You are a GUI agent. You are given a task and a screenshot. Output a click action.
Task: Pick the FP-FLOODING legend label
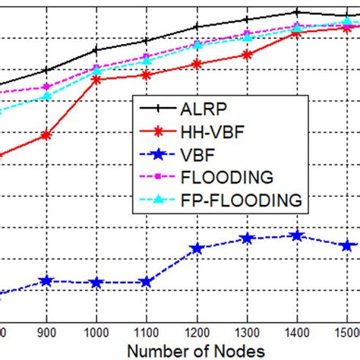point(244,200)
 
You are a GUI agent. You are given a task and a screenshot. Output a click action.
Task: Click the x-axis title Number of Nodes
point(197,350)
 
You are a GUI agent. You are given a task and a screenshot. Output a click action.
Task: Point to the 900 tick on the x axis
point(46,332)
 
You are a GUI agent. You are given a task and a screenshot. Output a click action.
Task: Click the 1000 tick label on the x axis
point(96,332)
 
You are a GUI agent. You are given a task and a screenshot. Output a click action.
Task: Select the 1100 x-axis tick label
point(146,332)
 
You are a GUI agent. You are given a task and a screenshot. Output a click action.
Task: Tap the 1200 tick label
point(196,332)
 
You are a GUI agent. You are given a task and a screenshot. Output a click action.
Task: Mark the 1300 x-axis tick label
point(246,332)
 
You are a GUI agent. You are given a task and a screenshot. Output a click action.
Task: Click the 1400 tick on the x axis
point(296,332)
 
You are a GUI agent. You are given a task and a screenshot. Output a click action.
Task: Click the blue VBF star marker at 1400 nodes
point(297,235)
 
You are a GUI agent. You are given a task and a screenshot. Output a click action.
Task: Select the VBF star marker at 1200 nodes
point(197,248)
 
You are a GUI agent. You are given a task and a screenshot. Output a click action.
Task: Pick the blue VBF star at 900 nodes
point(46,280)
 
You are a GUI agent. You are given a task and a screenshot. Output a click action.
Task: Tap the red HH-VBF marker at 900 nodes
point(46,134)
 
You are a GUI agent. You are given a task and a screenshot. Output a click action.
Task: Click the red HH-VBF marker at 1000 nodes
point(96,78)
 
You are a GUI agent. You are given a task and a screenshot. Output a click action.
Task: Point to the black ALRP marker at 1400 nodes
point(297,12)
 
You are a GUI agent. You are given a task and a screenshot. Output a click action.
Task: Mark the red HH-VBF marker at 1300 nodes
point(247,55)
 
